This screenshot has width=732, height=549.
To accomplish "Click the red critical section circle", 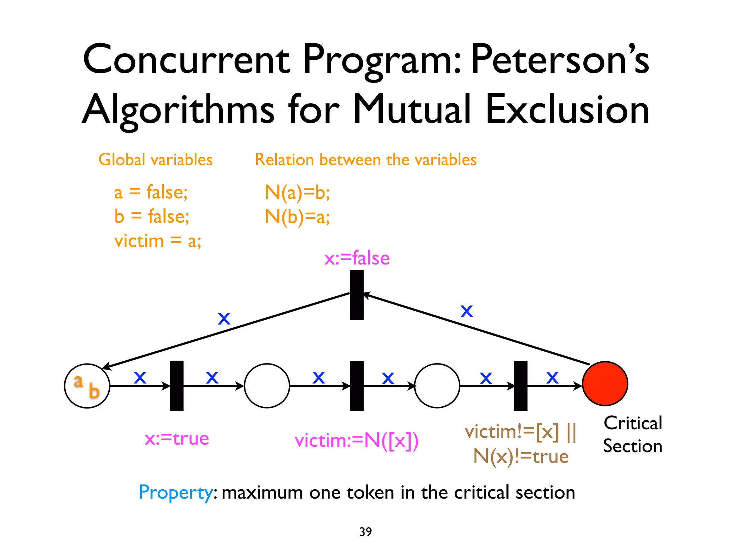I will pos(605,384).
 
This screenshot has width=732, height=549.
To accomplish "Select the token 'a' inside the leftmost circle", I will pos(78,381).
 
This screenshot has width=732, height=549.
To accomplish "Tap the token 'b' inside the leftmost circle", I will pos(94,391).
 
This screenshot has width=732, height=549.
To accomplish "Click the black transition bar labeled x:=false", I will pos(357,295).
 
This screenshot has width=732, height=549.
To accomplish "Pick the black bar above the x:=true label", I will pos(177,385).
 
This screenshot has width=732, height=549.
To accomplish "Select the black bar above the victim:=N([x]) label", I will pos(357,386).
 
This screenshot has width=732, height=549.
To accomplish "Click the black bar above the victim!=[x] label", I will pos(520,386).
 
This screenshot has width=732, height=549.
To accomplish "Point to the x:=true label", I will pos(177,439).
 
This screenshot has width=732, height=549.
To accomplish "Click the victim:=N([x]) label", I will pos(356,440).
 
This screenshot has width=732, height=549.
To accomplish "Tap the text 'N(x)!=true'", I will pos(521,456).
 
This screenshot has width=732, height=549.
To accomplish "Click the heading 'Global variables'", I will pos(155,159).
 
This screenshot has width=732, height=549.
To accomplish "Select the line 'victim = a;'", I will pos(158,241).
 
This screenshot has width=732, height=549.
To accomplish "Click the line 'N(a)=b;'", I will pos(297,192).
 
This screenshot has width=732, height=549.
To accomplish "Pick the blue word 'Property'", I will pos(176,493).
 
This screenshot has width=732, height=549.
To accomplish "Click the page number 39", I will pos(365,531).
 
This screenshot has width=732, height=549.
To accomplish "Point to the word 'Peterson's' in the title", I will pos(559,59).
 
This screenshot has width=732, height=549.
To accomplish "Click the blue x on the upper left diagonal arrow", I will pos(224,318).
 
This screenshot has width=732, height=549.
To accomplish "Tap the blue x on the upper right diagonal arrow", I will pos(466,311).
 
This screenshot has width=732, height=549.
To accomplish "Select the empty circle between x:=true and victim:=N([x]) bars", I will pos(267,386).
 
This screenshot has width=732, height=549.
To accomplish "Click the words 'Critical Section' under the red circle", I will pos(633,435).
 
